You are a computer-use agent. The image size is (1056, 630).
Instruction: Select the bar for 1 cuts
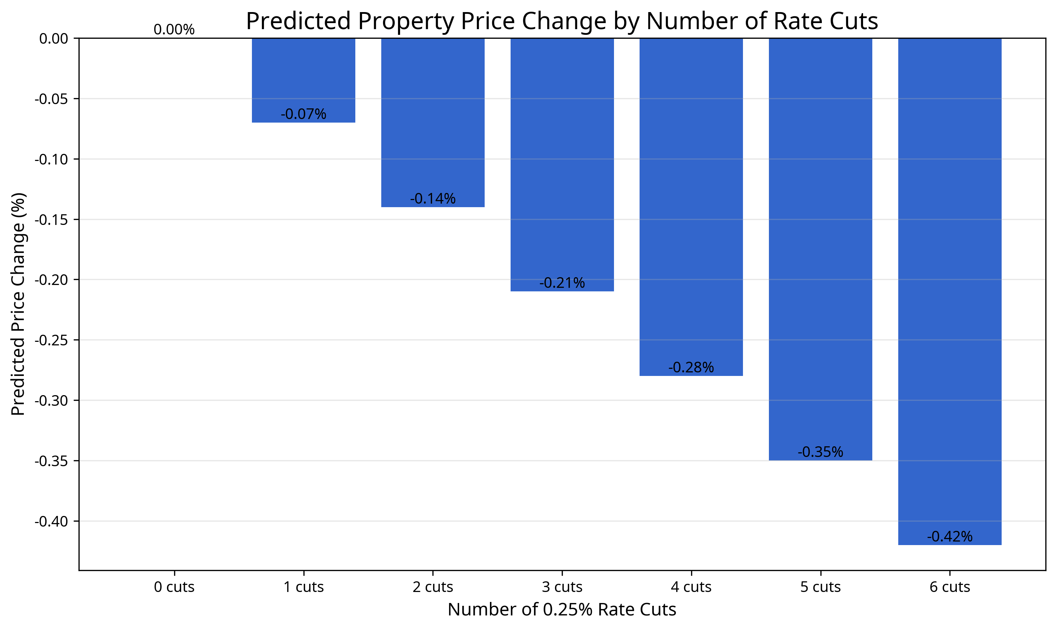303,76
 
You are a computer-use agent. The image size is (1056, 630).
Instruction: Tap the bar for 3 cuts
562,161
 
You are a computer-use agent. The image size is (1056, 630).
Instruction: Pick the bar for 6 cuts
949,289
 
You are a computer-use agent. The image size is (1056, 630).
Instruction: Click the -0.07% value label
303,114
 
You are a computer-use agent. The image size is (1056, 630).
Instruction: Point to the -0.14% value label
432,199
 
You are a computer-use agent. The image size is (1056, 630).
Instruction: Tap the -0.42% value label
949,537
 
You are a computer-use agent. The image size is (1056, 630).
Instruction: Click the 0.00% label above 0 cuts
174,30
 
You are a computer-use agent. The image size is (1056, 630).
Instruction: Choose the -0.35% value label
820,452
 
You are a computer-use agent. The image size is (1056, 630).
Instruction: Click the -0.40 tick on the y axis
51,521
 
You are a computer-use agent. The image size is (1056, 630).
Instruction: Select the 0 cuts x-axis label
174,587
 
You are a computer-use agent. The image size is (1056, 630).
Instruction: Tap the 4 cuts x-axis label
691,587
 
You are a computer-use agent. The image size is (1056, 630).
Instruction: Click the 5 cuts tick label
820,587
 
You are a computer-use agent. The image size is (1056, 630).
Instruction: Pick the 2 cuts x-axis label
432,587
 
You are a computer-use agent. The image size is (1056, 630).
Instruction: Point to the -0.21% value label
562,283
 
